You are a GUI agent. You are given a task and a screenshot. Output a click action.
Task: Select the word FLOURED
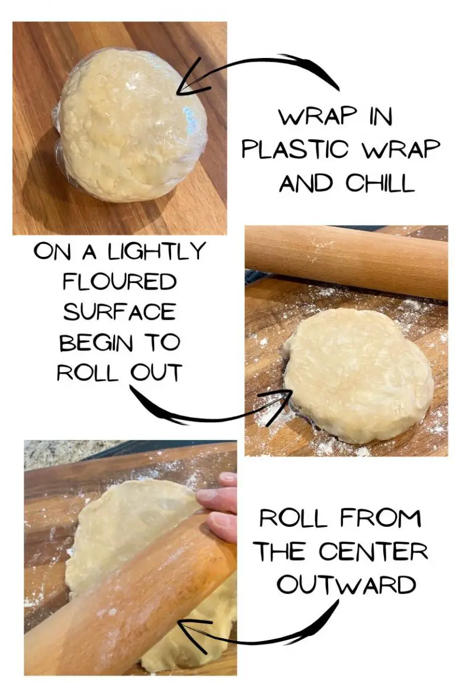click(x=120, y=282)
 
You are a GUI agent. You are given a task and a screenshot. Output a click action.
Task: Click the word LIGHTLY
click(x=156, y=252)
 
